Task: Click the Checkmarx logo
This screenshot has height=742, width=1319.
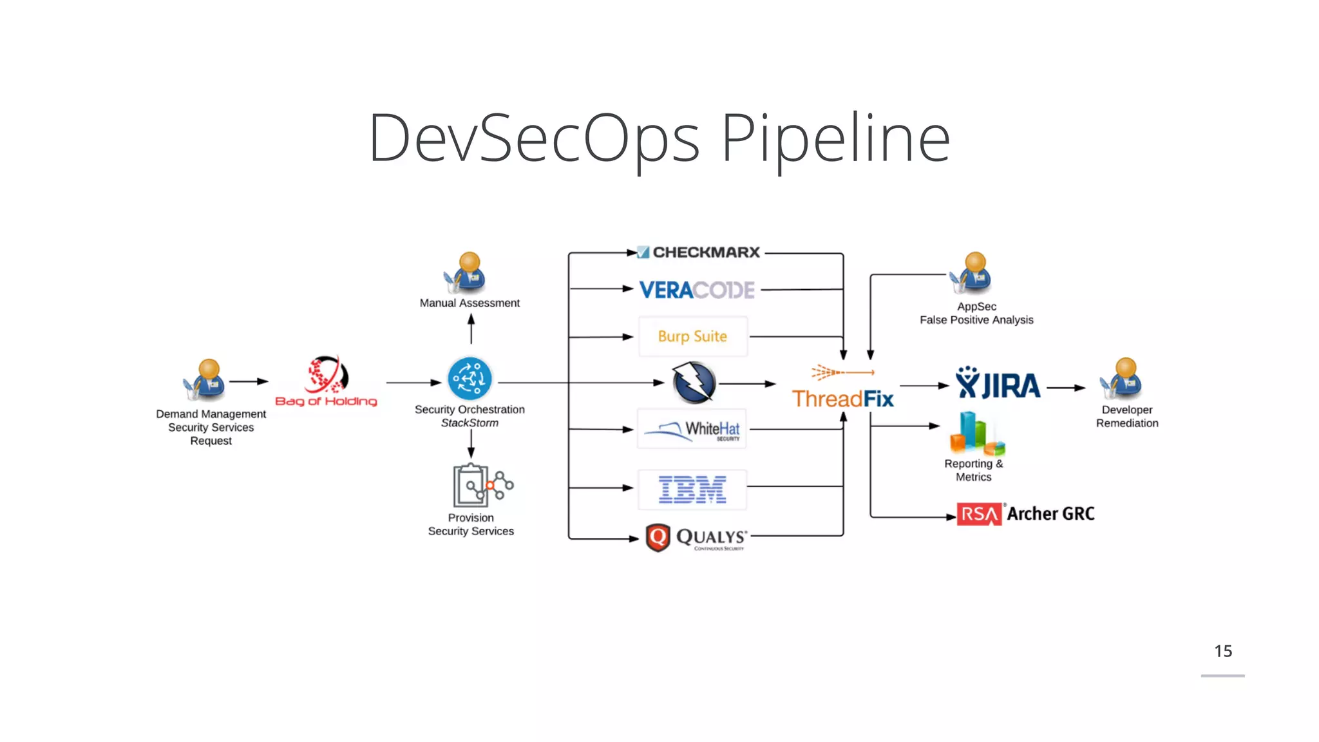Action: (699, 252)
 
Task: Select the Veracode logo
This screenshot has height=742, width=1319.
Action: (697, 290)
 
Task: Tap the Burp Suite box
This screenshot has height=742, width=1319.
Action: (692, 336)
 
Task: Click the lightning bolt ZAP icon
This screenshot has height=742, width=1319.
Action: (694, 383)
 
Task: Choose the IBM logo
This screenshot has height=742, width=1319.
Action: (692, 490)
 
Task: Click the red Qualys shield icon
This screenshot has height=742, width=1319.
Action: (658, 537)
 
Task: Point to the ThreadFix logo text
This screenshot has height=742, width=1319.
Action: (842, 399)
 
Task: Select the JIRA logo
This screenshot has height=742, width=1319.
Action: (998, 385)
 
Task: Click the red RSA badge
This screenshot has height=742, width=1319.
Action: (979, 514)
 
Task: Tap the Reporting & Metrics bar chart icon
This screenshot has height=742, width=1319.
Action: (977, 433)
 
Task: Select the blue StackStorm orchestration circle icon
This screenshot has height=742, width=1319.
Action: (470, 379)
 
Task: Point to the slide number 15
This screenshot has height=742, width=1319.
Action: (1223, 651)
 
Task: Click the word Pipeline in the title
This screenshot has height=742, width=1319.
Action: (835, 138)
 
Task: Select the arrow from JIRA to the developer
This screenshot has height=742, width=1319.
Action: (1066, 388)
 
